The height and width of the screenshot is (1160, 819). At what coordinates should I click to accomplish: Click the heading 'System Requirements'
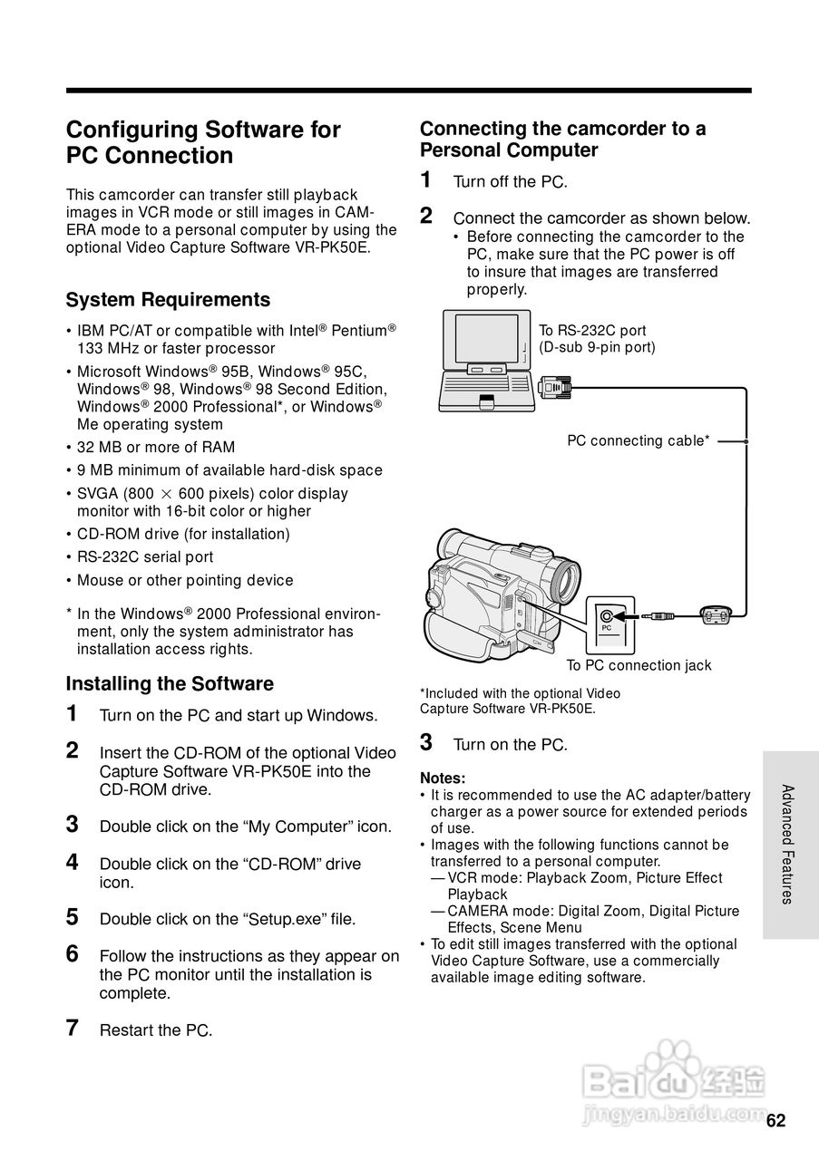point(168,300)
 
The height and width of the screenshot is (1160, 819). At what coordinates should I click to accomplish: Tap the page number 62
point(775,1120)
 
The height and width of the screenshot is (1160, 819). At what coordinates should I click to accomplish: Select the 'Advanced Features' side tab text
point(788,844)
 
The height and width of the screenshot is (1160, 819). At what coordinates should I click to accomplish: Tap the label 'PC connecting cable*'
point(638,441)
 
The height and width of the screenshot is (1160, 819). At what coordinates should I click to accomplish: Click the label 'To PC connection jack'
point(639,666)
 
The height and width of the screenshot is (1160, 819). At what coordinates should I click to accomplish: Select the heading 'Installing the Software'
point(170,683)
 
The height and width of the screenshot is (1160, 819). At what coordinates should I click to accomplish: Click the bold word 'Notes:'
point(443,778)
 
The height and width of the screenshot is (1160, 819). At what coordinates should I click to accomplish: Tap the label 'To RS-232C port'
point(592,331)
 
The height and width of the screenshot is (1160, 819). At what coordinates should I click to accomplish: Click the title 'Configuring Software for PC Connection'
point(203,142)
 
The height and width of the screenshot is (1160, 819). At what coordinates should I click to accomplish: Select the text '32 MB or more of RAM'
point(156,447)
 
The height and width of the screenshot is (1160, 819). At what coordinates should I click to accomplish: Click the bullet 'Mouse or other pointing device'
point(185,580)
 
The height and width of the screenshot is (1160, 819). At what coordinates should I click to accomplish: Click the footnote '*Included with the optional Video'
point(520,693)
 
